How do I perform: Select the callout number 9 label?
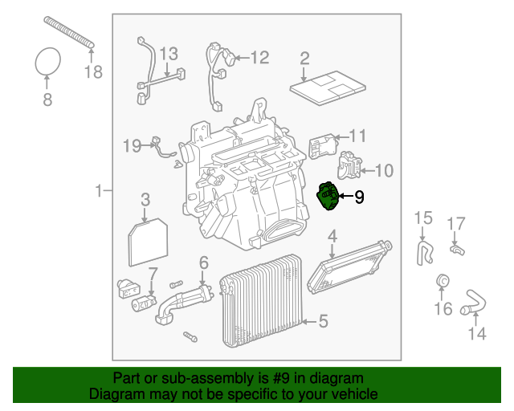click(359, 196)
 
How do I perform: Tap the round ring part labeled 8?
click(48, 60)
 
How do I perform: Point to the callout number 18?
click(93, 72)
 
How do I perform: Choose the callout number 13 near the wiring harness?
click(167, 55)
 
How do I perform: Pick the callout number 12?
click(259, 58)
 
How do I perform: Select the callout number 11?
click(357, 136)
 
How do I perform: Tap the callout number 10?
click(384, 170)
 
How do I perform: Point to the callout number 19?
click(132, 145)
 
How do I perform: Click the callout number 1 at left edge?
click(99, 191)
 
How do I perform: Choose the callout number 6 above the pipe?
click(203, 262)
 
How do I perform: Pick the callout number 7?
click(153, 275)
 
